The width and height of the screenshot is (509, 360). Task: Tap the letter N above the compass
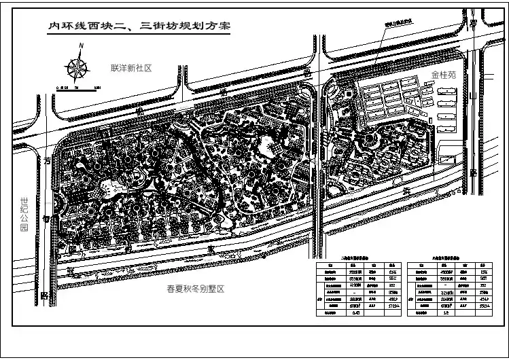point(81,46)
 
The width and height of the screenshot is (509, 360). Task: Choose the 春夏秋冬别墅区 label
point(196,289)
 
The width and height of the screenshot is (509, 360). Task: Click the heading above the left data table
point(358,259)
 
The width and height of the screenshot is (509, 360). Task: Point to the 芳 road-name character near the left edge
point(47,162)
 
